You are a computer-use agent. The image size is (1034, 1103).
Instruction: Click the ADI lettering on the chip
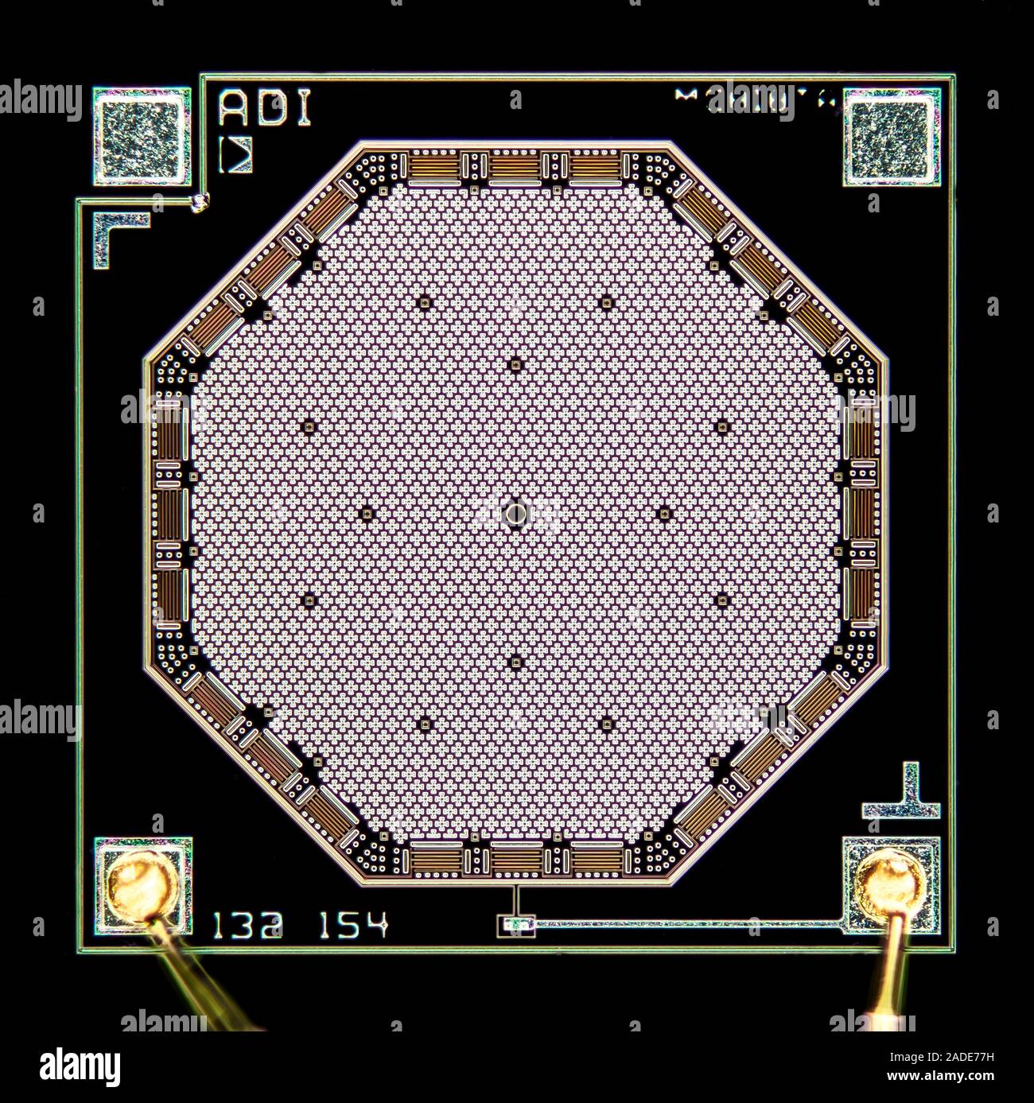264,109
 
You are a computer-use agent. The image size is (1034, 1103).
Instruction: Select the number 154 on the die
353,925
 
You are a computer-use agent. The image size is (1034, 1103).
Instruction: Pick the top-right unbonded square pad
891,136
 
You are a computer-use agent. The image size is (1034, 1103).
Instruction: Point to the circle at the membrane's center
515,514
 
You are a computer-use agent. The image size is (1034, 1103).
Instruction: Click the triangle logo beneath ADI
237,156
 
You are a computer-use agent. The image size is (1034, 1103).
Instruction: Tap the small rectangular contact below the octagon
515,925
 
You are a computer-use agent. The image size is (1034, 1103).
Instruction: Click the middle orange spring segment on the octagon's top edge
515,167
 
